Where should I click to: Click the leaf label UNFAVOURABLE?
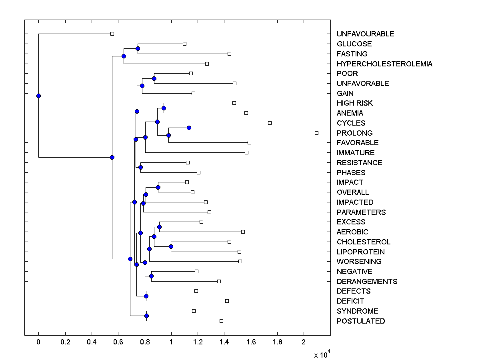click(365, 34)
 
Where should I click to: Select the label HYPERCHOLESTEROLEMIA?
click(384, 64)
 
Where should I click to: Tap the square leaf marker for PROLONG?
click(316, 133)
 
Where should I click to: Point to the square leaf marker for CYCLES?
click(270, 123)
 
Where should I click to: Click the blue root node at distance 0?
click(38, 96)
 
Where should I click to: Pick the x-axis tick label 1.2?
click(198, 342)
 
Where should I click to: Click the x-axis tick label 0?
click(38, 342)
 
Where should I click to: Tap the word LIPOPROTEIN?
click(361, 252)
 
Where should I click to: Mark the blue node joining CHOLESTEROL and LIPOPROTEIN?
click(171, 246)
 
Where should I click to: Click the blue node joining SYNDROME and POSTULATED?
click(146, 316)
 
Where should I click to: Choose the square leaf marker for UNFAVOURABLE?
click(112, 34)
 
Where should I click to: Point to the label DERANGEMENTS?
click(367, 281)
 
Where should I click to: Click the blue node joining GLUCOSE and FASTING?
click(138, 48)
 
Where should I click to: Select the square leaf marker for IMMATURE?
click(246, 152)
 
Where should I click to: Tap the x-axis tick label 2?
click(304, 342)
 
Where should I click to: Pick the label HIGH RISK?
click(354, 103)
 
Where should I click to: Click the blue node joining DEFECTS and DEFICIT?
click(146, 296)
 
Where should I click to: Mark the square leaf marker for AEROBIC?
click(243, 232)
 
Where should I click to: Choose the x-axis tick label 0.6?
click(118, 342)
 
